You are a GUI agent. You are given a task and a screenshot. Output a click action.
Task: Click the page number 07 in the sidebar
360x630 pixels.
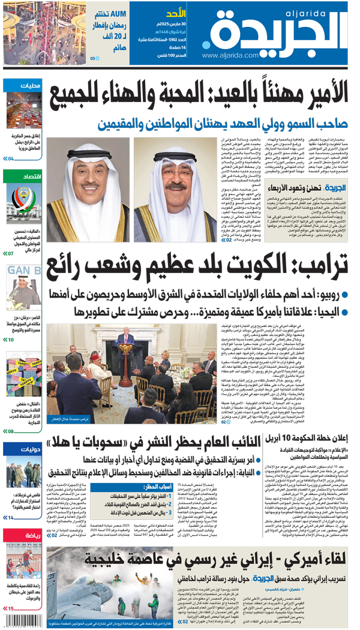pos(8,254)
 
